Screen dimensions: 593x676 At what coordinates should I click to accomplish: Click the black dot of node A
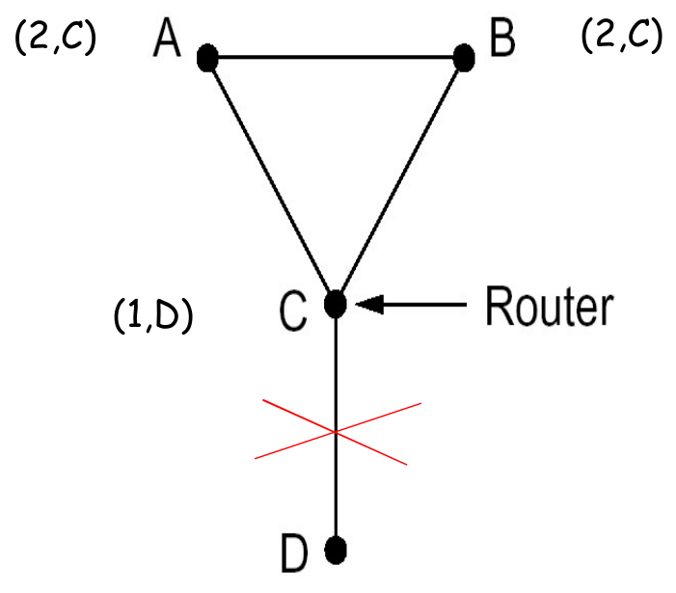206,58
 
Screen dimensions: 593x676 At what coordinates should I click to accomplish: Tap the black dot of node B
464,58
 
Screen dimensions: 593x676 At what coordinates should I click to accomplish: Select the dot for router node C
335,304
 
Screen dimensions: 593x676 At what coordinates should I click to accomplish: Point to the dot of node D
335,551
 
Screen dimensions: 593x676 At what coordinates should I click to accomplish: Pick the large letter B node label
501,40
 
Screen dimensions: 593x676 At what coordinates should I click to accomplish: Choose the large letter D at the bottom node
294,554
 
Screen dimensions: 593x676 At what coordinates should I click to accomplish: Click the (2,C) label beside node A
55,40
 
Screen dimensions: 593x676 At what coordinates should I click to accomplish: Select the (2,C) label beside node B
621,36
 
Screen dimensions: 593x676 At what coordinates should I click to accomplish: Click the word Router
548,306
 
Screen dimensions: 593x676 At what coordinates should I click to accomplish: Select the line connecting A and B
335,58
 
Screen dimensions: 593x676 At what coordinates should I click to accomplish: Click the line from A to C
270,180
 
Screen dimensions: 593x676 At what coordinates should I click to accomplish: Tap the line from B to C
399,180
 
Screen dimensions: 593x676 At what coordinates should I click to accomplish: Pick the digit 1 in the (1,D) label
135,315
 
